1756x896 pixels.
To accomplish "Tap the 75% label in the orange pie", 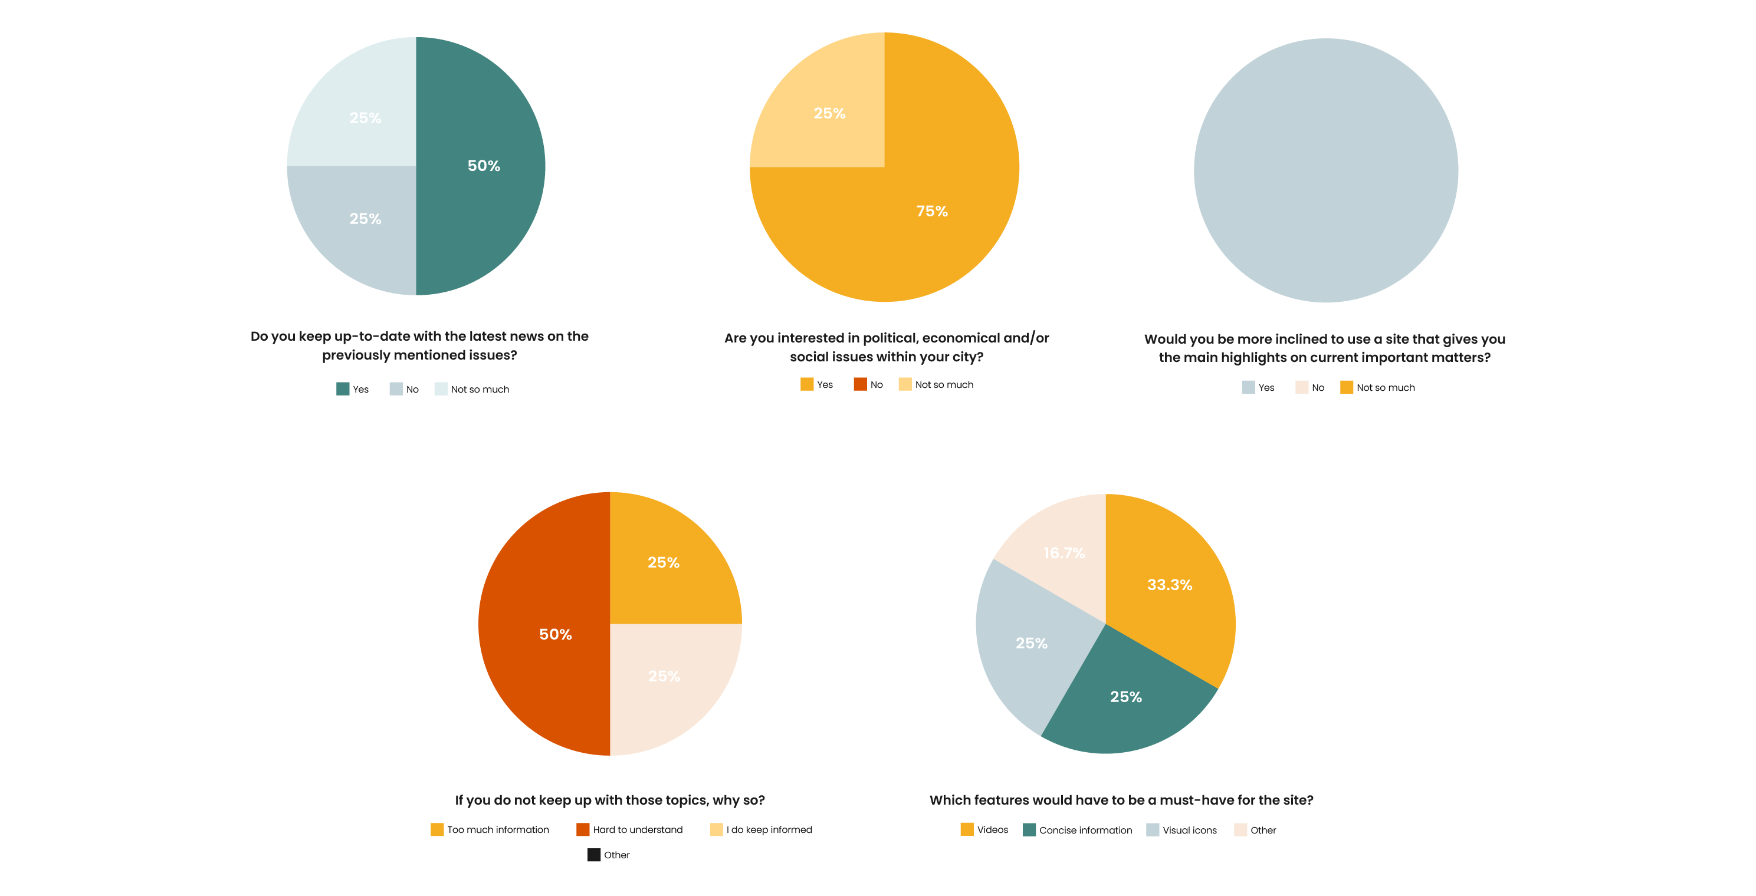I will (932, 211).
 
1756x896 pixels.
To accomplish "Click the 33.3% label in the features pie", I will (1169, 585).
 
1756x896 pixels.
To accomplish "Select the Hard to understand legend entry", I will (630, 830).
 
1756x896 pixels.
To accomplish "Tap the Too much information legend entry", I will (490, 830).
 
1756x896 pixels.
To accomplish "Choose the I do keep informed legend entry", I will (762, 830).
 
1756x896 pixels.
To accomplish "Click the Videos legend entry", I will (984, 830).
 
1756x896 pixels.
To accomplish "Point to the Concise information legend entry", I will (1078, 830).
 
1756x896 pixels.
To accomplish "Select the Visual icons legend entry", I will (1181, 830).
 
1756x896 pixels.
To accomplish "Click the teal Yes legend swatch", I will (343, 389).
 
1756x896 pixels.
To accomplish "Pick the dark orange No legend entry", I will (868, 385).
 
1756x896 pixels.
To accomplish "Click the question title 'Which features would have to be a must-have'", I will (1121, 800).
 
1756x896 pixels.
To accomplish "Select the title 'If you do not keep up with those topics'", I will (609, 800).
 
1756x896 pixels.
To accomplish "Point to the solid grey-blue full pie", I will (1325, 170).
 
